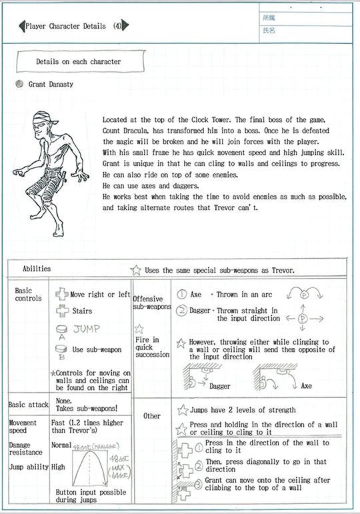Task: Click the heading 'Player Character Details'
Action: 65,26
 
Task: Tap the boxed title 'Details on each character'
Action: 79,61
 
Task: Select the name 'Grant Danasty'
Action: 51,84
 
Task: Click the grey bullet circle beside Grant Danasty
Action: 19,84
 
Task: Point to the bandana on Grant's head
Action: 44,118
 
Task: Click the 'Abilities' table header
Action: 37,269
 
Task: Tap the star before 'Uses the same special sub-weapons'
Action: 135,270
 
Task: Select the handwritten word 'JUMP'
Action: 87,329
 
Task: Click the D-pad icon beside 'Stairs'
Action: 62,311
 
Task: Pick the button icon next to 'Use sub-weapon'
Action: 61,349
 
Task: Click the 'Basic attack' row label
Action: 28,405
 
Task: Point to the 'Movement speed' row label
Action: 23,427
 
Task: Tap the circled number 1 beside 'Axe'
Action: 181,295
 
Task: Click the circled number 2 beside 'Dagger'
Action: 181,310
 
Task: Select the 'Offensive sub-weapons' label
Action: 152,303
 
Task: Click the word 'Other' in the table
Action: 152,416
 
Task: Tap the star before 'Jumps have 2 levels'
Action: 183,410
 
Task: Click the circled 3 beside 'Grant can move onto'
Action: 198,485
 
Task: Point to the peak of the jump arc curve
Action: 89,451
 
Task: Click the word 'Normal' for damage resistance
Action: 61,445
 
